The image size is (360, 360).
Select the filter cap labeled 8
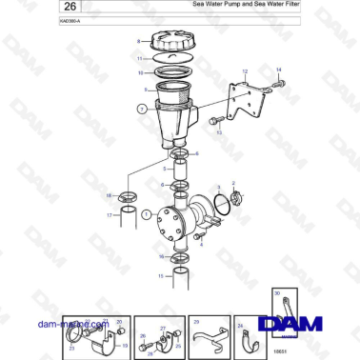pyautogui.click(x=167, y=43)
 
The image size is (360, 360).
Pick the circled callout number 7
pyautogui.click(x=143, y=109)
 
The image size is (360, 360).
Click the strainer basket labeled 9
pyautogui.click(x=169, y=95)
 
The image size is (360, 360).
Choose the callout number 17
pyautogui.click(x=109, y=216)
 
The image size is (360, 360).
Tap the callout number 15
pyautogui.click(x=160, y=276)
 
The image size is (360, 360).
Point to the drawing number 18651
pyautogui.click(x=280, y=352)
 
